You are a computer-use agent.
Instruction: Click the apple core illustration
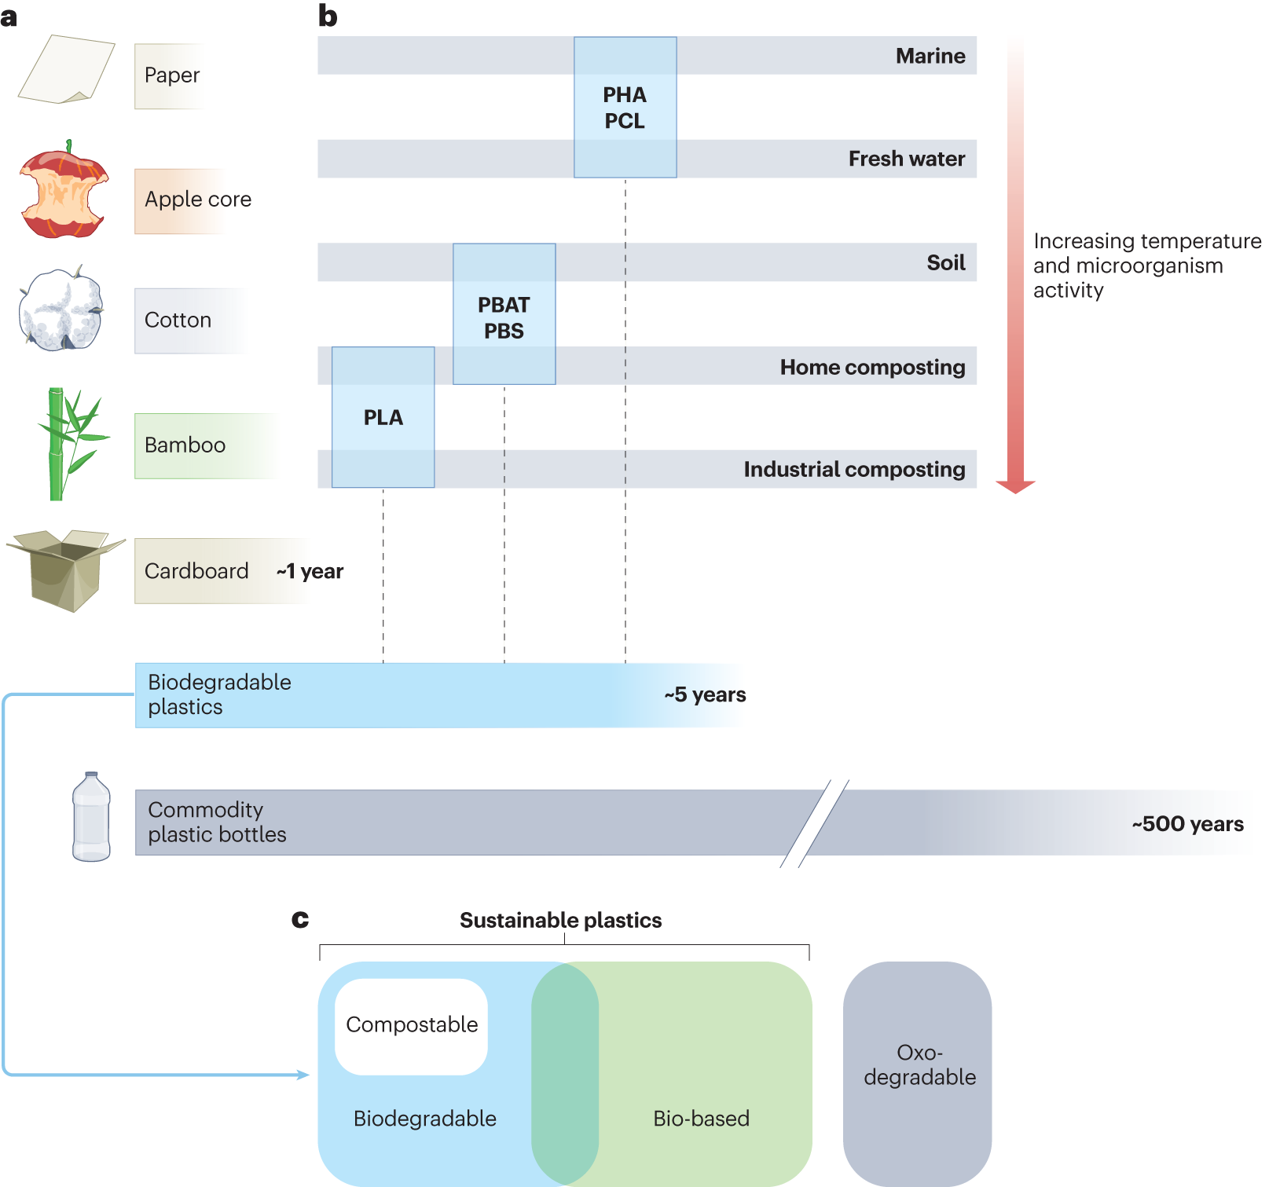(x=63, y=191)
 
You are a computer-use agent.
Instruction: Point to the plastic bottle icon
(x=91, y=818)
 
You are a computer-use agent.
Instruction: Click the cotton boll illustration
(x=61, y=310)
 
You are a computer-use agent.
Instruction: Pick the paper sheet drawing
(x=66, y=69)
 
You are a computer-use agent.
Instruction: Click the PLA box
(x=383, y=417)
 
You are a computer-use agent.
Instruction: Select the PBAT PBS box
(x=504, y=314)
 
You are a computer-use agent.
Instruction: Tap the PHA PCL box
(x=625, y=108)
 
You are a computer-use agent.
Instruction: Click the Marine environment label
(x=930, y=56)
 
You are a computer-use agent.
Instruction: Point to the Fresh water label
(x=906, y=159)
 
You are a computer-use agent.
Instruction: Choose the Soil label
(x=945, y=262)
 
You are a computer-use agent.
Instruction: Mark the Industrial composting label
(x=854, y=469)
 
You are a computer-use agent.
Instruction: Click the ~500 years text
(x=1187, y=823)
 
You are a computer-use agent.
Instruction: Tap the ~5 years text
(x=705, y=694)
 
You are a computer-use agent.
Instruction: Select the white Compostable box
(x=411, y=1025)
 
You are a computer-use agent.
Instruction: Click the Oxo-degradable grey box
(x=917, y=1072)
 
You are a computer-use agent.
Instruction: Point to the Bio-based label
(x=701, y=1118)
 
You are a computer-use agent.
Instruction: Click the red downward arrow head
(x=1015, y=486)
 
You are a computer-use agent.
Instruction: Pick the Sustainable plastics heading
(x=560, y=920)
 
